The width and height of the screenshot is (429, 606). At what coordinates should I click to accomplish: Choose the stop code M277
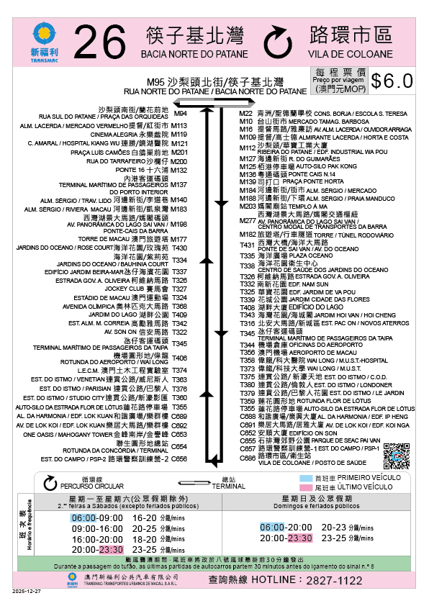click(247, 220)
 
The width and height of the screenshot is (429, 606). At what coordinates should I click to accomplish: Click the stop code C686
click(247, 458)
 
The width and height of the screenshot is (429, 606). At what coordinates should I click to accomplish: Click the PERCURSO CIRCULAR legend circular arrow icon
click(51, 481)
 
